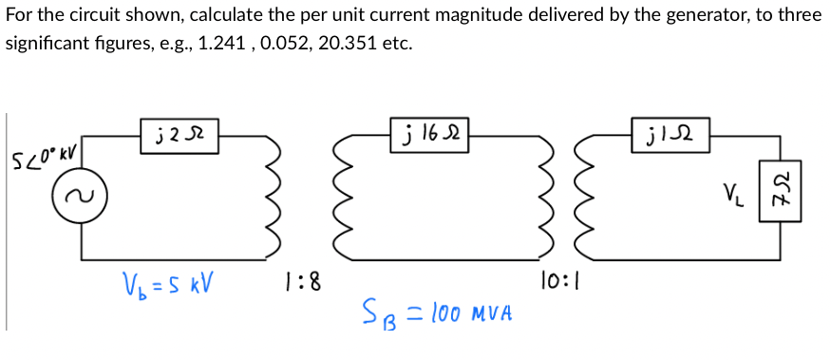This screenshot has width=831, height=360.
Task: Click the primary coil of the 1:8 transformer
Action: coord(274,196)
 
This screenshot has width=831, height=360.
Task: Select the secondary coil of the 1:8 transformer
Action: coord(340,196)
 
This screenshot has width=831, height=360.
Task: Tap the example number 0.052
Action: coord(310,45)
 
